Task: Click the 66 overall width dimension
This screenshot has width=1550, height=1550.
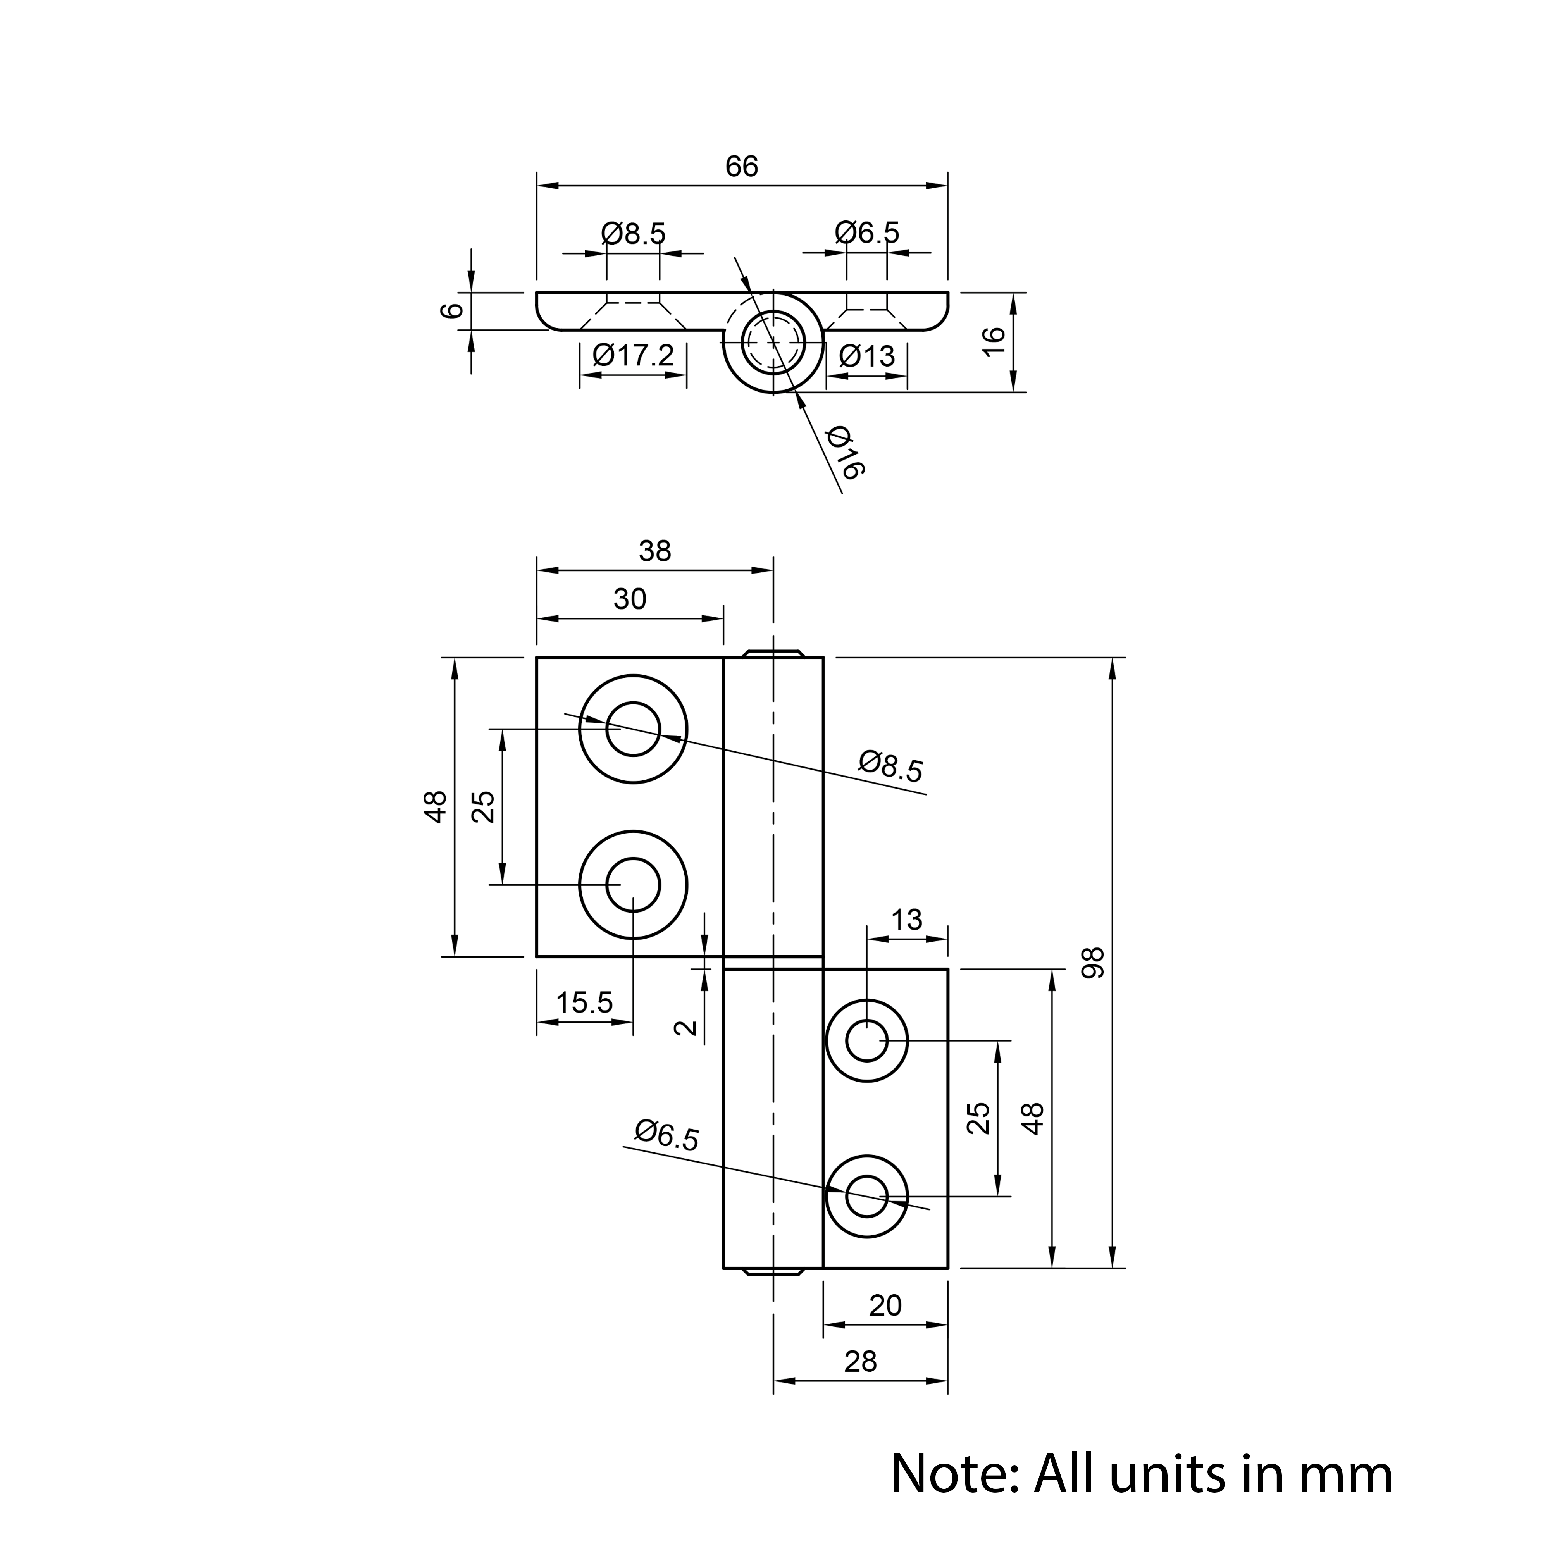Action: coord(741,167)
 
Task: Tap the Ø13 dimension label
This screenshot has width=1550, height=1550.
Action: coord(866,355)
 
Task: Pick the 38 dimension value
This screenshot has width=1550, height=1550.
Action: coord(654,551)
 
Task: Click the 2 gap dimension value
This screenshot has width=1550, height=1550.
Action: coord(687,1028)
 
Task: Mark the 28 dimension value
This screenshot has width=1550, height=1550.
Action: coord(861,1361)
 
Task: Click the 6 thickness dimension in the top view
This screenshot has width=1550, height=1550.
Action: coord(453,310)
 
